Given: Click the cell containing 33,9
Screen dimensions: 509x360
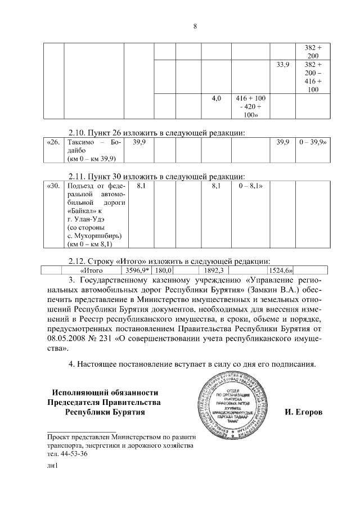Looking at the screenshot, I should click(x=283, y=65).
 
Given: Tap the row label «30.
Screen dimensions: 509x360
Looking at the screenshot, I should click(x=53, y=184).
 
